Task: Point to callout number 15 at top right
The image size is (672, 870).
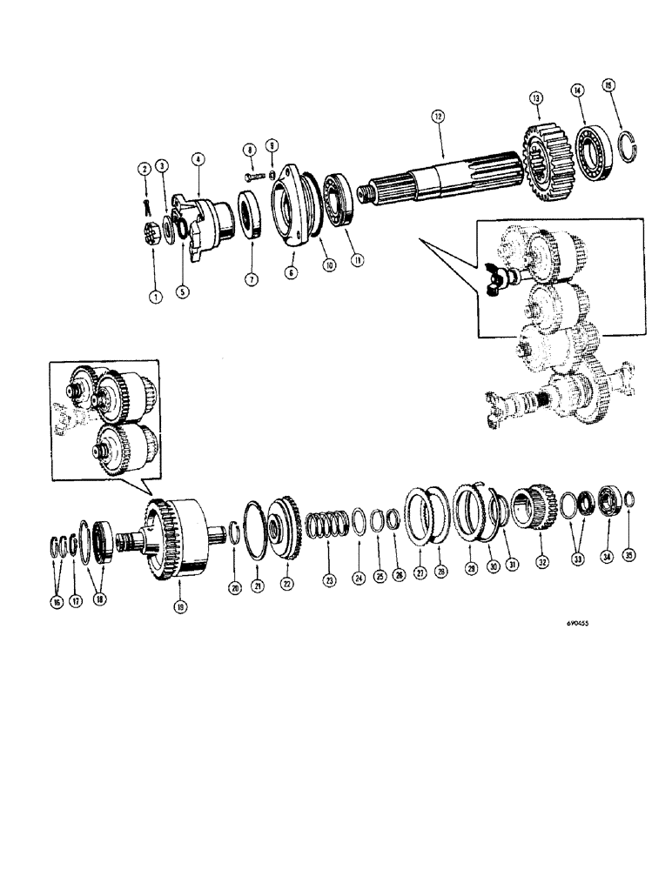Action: point(609,85)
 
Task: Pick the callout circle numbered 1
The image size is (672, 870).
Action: point(154,297)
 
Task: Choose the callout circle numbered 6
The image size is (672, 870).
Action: point(291,272)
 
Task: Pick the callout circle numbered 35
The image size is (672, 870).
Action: point(632,551)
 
